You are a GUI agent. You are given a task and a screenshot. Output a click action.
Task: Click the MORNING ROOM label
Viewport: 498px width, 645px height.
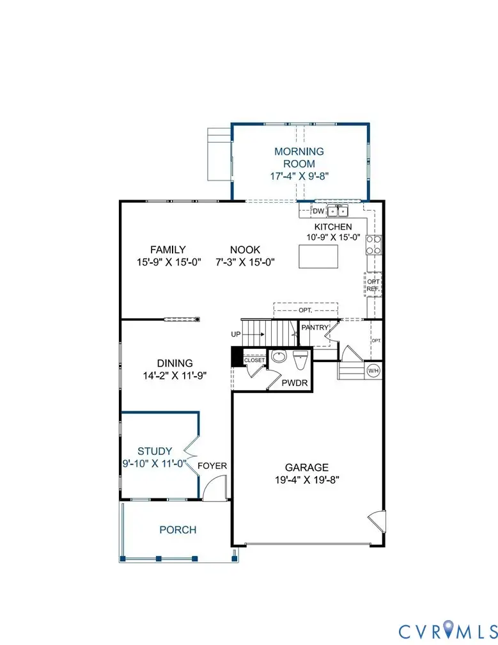coord(299,157)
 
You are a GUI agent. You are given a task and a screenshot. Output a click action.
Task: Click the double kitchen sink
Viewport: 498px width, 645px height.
coord(338,211)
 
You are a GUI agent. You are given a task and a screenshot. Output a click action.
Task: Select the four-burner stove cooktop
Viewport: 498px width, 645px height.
coord(373,245)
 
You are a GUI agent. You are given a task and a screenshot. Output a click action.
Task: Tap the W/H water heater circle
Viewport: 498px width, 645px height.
coord(373,370)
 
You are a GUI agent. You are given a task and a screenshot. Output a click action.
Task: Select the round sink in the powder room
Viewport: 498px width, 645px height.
coord(278,357)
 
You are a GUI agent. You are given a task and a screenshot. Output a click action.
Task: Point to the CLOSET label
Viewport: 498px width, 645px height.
coord(254,361)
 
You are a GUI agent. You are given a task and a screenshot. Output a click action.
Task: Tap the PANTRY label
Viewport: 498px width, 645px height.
coord(315,328)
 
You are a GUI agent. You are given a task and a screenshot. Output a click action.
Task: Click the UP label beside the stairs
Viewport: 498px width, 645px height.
coord(237,334)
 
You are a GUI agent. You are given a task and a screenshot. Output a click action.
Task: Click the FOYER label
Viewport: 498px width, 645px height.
coord(212,466)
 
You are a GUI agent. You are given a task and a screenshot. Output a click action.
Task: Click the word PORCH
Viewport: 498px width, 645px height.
coord(178,530)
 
